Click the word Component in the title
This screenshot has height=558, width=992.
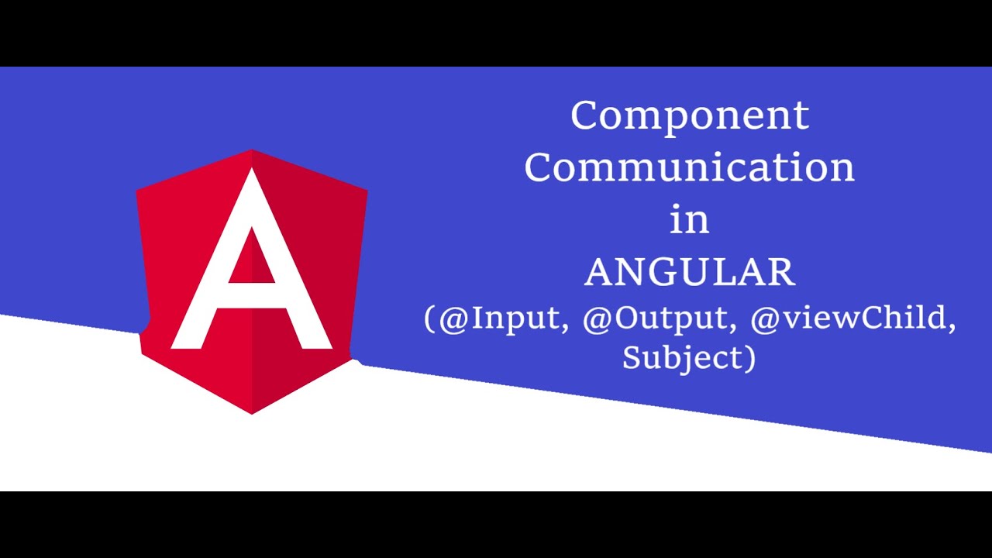690,117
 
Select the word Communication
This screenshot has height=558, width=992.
690,167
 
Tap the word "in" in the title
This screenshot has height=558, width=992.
690,220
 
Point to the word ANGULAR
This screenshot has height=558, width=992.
690,273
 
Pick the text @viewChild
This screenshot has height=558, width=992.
852,319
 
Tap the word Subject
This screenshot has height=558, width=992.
682,357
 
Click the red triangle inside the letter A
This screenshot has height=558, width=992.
252,260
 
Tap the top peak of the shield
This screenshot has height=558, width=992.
252,150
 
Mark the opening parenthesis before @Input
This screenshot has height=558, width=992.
429,320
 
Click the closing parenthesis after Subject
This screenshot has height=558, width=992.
749,358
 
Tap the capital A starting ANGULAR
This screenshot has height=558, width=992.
600,273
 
